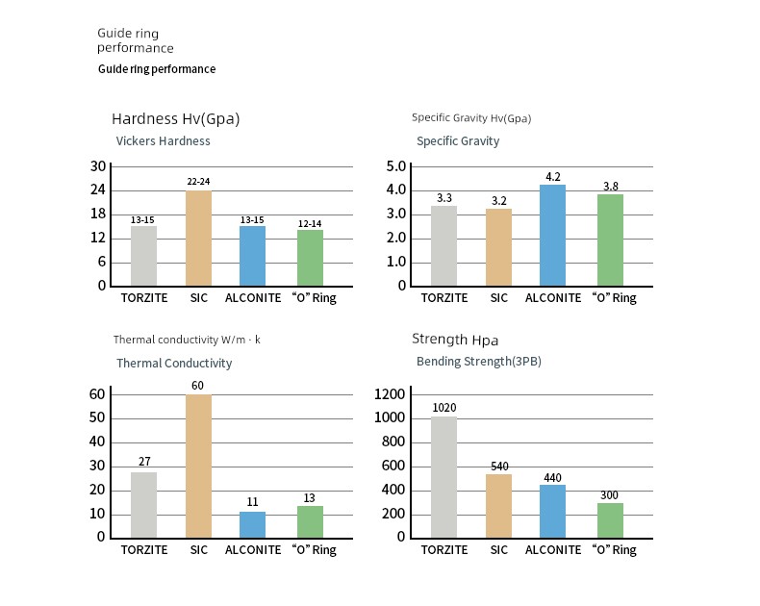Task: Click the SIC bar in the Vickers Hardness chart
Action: [198, 238]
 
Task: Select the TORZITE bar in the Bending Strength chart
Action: [444, 476]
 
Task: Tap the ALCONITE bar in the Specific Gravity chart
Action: [552, 235]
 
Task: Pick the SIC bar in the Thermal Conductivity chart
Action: [198, 466]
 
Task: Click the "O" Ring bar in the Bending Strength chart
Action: [610, 519]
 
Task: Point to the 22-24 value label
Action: [198, 182]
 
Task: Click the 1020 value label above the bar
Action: [444, 408]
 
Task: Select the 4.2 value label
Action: [552, 177]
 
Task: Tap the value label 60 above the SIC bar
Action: [198, 386]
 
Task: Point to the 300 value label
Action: [610, 495]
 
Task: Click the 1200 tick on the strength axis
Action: [390, 393]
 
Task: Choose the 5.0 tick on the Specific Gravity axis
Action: [396, 166]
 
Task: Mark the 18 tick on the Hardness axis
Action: [98, 214]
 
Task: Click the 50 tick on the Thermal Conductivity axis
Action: [96, 417]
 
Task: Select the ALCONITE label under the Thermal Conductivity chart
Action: [253, 550]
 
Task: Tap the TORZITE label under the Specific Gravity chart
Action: [444, 298]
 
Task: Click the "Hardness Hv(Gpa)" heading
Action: [175, 119]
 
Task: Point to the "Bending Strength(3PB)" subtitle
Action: [478, 362]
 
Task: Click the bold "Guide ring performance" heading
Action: [157, 69]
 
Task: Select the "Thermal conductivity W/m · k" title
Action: [187, 340]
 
